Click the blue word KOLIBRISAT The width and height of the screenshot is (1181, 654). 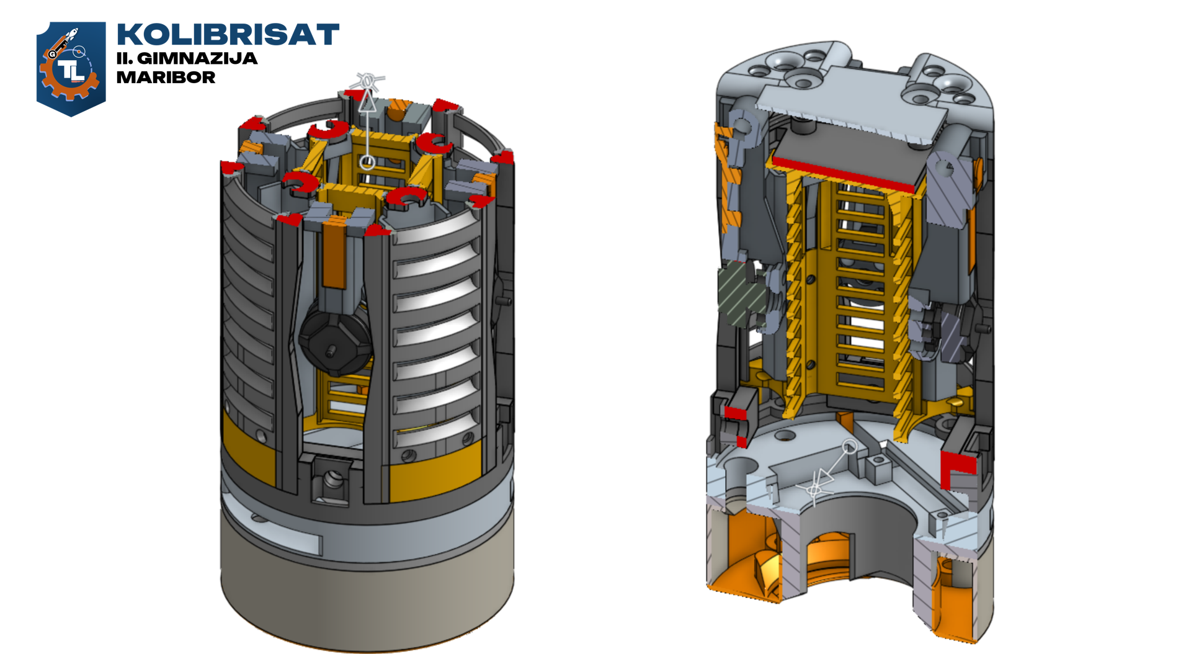pos(228,35)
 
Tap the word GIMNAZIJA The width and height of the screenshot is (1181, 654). pos(197,58)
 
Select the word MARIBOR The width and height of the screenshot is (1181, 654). pos(166,78)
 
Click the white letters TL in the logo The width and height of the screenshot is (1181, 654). pos(71,71)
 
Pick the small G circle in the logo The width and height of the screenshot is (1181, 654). pos(53,55)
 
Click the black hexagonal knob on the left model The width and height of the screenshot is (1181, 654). pos(335,342)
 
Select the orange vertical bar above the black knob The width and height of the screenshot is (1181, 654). pos(334,254)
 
